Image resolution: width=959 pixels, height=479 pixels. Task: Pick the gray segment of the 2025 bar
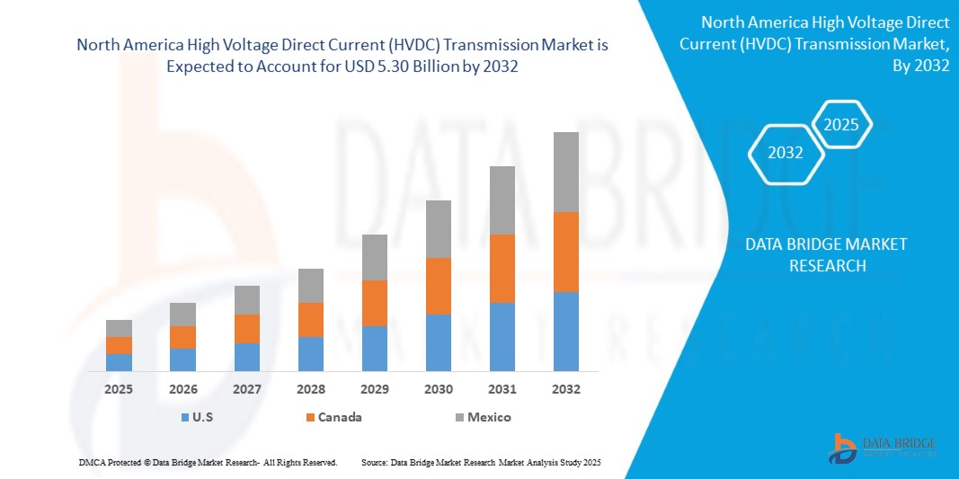119,328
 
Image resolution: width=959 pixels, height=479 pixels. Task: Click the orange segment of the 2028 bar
310,319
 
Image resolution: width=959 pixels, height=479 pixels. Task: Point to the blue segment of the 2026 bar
182,359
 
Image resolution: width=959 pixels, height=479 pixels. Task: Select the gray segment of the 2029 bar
374,257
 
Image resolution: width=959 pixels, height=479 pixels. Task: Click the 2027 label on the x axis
246,389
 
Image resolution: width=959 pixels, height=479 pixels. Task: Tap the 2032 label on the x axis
565,389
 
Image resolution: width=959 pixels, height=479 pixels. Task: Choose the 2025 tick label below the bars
119,389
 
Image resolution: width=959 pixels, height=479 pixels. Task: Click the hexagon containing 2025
841,125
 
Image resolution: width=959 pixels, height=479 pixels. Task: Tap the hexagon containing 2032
786,153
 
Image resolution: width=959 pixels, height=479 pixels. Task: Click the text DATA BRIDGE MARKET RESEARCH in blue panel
826,254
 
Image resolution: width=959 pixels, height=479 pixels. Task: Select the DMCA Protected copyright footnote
207,462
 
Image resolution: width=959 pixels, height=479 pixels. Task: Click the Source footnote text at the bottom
481,462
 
